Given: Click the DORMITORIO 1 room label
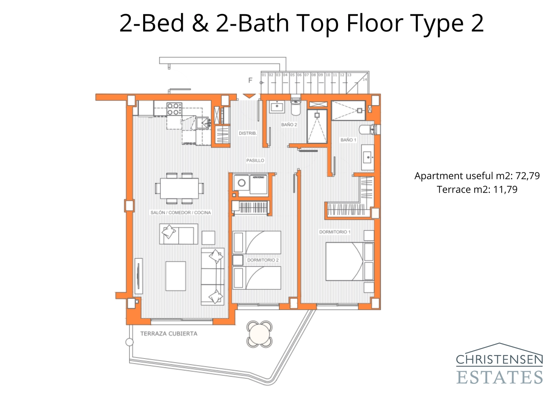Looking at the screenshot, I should tap(335, 232).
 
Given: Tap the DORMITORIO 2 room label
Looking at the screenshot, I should tap(263, 260).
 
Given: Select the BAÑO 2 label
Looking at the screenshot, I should tap(289, 125).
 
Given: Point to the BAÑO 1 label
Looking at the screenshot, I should tap(348, 140).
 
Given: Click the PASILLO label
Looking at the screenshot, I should tap(255, 161).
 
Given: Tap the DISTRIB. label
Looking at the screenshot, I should tap(248, 133).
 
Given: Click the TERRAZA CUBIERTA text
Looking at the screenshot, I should tap(168, 334).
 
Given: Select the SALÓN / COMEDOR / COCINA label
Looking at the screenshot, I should tap(180, 213).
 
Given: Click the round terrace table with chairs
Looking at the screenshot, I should tap(259, 334).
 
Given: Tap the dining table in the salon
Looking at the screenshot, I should tap(179, 188).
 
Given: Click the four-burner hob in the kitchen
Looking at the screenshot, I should tap(174, 109).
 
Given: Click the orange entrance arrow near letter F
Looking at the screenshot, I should tap(249, 96).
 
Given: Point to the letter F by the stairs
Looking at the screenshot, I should tap(250, 80).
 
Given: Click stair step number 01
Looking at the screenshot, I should tap(264, 75).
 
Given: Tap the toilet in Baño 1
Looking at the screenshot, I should tap(367, 130).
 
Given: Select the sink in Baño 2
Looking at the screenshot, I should tap(277, 107).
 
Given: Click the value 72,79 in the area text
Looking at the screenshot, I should tap(527, 176).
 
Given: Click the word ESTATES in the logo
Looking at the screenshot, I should tap(499, 378).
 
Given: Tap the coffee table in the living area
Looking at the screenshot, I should tap(175, 276).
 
